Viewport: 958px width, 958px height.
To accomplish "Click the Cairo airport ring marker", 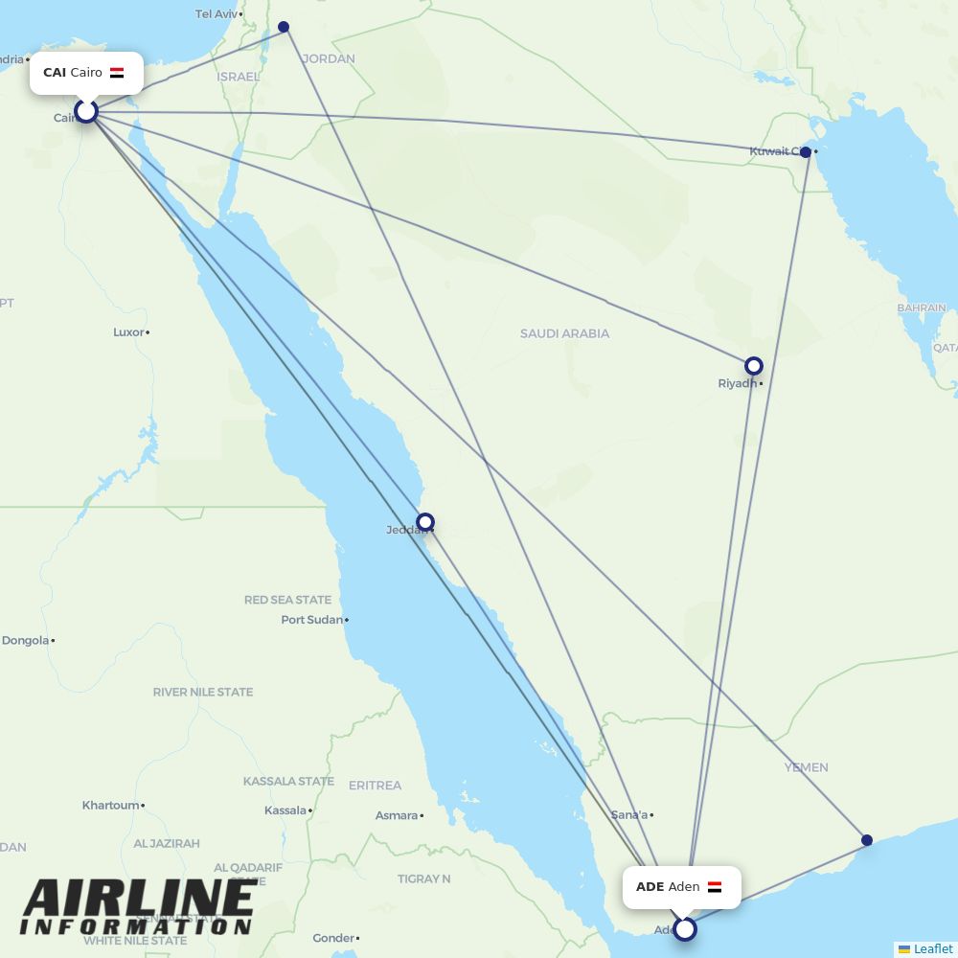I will click(x=86, y=111).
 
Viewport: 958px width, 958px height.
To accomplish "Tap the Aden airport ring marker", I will click(x=684, y=928).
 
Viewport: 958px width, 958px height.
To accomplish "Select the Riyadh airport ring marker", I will click(x=754, y=365).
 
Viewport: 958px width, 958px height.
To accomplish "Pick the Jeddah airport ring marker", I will click(x=424, y=522).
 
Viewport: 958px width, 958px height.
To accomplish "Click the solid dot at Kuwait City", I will click(x=806, y=152).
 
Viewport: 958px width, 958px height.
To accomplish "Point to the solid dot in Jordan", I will click(x=284, y=27).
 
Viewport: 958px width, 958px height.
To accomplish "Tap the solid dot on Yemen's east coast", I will click(x=867, y=840).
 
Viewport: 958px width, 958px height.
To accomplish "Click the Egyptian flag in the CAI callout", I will click(x=117, y=73).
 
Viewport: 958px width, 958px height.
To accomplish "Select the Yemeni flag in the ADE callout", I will click(x=715, y=887).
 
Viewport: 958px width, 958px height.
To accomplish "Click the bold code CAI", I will click(x=55, y=73).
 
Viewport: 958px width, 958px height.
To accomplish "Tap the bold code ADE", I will click(x=650, y=887).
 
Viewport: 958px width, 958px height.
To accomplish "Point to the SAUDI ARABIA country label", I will click(x=564, y=333).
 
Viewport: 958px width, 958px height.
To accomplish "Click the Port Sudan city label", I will click(x=311, y=620).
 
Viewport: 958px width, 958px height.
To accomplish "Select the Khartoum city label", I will click(x=110, y=806).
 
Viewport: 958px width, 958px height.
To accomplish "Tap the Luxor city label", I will click(x=128, y=332).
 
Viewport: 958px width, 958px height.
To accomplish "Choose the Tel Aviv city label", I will click(x=217, y=14).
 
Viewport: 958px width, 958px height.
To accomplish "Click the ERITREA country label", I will click(x=375, y=786).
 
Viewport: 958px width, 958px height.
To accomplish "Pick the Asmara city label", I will click(x=397, y=816).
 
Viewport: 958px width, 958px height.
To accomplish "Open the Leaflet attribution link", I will click(x=932, y=949).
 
